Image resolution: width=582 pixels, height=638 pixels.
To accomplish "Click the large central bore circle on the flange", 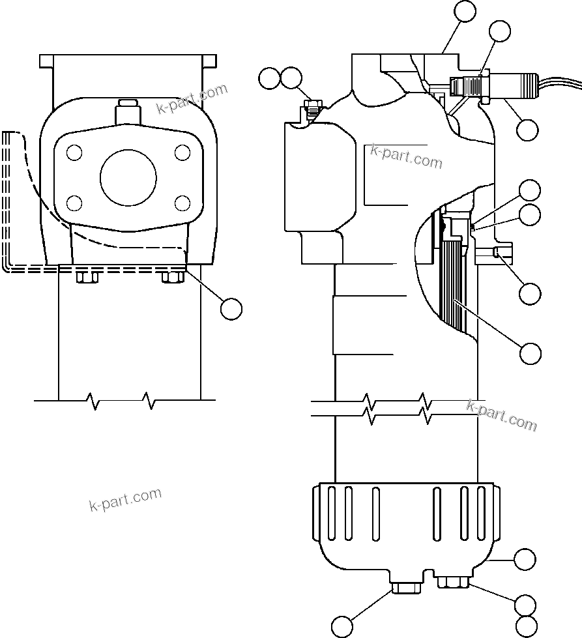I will pyautogui.click(x=128, y=177).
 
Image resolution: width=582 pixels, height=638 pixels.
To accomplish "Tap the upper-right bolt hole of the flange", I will pyautogui.click(x=183, y=153).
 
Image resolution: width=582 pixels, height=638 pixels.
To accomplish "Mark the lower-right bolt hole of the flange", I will pyautogui.click(x=183, y=201).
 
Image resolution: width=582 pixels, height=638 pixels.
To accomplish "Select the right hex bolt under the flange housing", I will pyautogui.click(x=171, y=277).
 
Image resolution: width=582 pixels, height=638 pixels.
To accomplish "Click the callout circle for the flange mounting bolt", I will pyautogui.click(x=231, y=308).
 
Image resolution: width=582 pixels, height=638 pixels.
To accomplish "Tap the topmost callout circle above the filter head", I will pyautogui.click(x=465, y=12).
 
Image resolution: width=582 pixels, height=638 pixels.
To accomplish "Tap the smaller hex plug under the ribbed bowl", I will pyautogui.click(x=454, y=583).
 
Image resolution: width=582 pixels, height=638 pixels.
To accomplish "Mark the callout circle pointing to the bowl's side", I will pyautogui.click(x=525, y=559).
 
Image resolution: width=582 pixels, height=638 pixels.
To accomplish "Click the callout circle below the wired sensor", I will pyautogui.click(x=527, y=130).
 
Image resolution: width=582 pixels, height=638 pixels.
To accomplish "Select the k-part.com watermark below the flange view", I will pyautogui.click(x=125, y=499).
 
